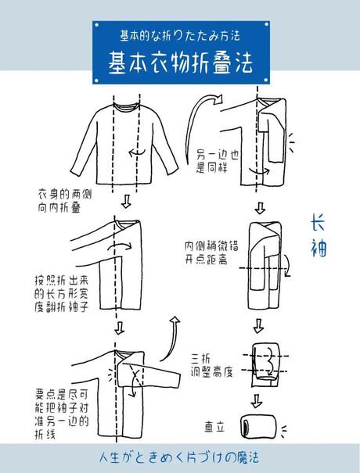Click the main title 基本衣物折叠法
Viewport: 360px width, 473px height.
tap(180, 63)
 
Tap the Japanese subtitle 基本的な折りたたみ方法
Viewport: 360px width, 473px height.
tap(180, 36)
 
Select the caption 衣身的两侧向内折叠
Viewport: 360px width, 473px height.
tap(65, 201)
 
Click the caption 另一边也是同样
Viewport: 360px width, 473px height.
tap(218, 161)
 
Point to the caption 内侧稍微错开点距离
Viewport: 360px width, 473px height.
tap(211, 253)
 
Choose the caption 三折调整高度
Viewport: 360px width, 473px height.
tap(212, 365)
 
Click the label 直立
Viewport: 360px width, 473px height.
tap(214, 427)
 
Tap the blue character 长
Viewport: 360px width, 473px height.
tap(318, 223)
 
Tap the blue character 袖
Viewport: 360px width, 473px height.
tap(319, 248)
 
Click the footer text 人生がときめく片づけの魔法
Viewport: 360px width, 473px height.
tap(178, 457)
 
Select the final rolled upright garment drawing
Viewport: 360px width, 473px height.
tap(258, 427)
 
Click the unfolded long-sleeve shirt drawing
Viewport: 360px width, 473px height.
tap(124, 144)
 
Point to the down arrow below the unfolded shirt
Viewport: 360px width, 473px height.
tap(126, 201)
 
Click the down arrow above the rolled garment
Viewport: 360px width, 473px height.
tap(257, 401)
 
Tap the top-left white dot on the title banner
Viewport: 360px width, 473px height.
tap(96, 25)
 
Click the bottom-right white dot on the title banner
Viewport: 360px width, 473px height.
tap(266, 81)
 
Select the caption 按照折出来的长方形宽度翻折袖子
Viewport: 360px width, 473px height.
tap(61, 293)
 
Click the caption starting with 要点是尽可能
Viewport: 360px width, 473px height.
tap(61, 414)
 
